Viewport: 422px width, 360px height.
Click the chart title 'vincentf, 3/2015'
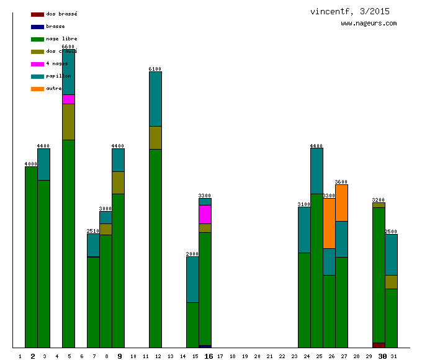(x=350, y=11)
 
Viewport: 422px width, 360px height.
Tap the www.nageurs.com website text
(x=369, y=24)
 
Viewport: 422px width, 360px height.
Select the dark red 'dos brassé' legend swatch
(x=37, y=14)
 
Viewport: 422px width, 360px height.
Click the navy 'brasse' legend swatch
(x=37, y=26)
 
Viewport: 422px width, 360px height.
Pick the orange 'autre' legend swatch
(x=37, y=89)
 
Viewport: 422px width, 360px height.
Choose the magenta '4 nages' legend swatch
(x=37, y=64)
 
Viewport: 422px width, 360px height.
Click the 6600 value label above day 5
(x=68, y=47)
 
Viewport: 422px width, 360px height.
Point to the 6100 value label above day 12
(x=155, y=69)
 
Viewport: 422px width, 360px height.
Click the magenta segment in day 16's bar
(x=205, y=214)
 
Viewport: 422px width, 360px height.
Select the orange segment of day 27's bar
(x=341, y=202)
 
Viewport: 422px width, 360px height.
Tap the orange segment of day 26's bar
(x=329, y=223)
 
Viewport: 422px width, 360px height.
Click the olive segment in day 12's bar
(x=155, y=137)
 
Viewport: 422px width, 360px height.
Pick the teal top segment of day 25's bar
(x=316, y=171)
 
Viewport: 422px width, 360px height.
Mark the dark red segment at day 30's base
(x=379, y=345)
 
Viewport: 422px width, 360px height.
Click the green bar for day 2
(x=31, y=257)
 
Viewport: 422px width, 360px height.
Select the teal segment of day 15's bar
(x=192, y=279)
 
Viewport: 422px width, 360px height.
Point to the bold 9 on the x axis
(x=120, y=356)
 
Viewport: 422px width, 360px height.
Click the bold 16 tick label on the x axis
(x=209, y=356)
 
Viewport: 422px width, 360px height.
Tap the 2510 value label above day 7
(x=93, y=231)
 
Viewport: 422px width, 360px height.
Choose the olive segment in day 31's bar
(x=391, y=282)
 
